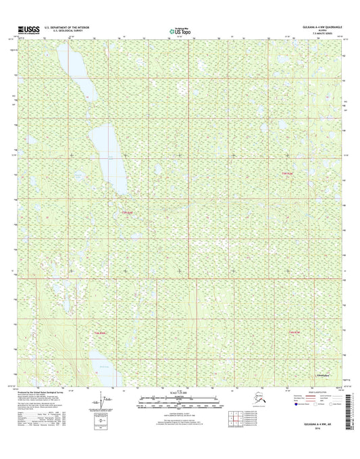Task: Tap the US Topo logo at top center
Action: pyautogui.click(x=180, y=30)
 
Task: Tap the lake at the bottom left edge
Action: pyautogui.click(x=101, y=369)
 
